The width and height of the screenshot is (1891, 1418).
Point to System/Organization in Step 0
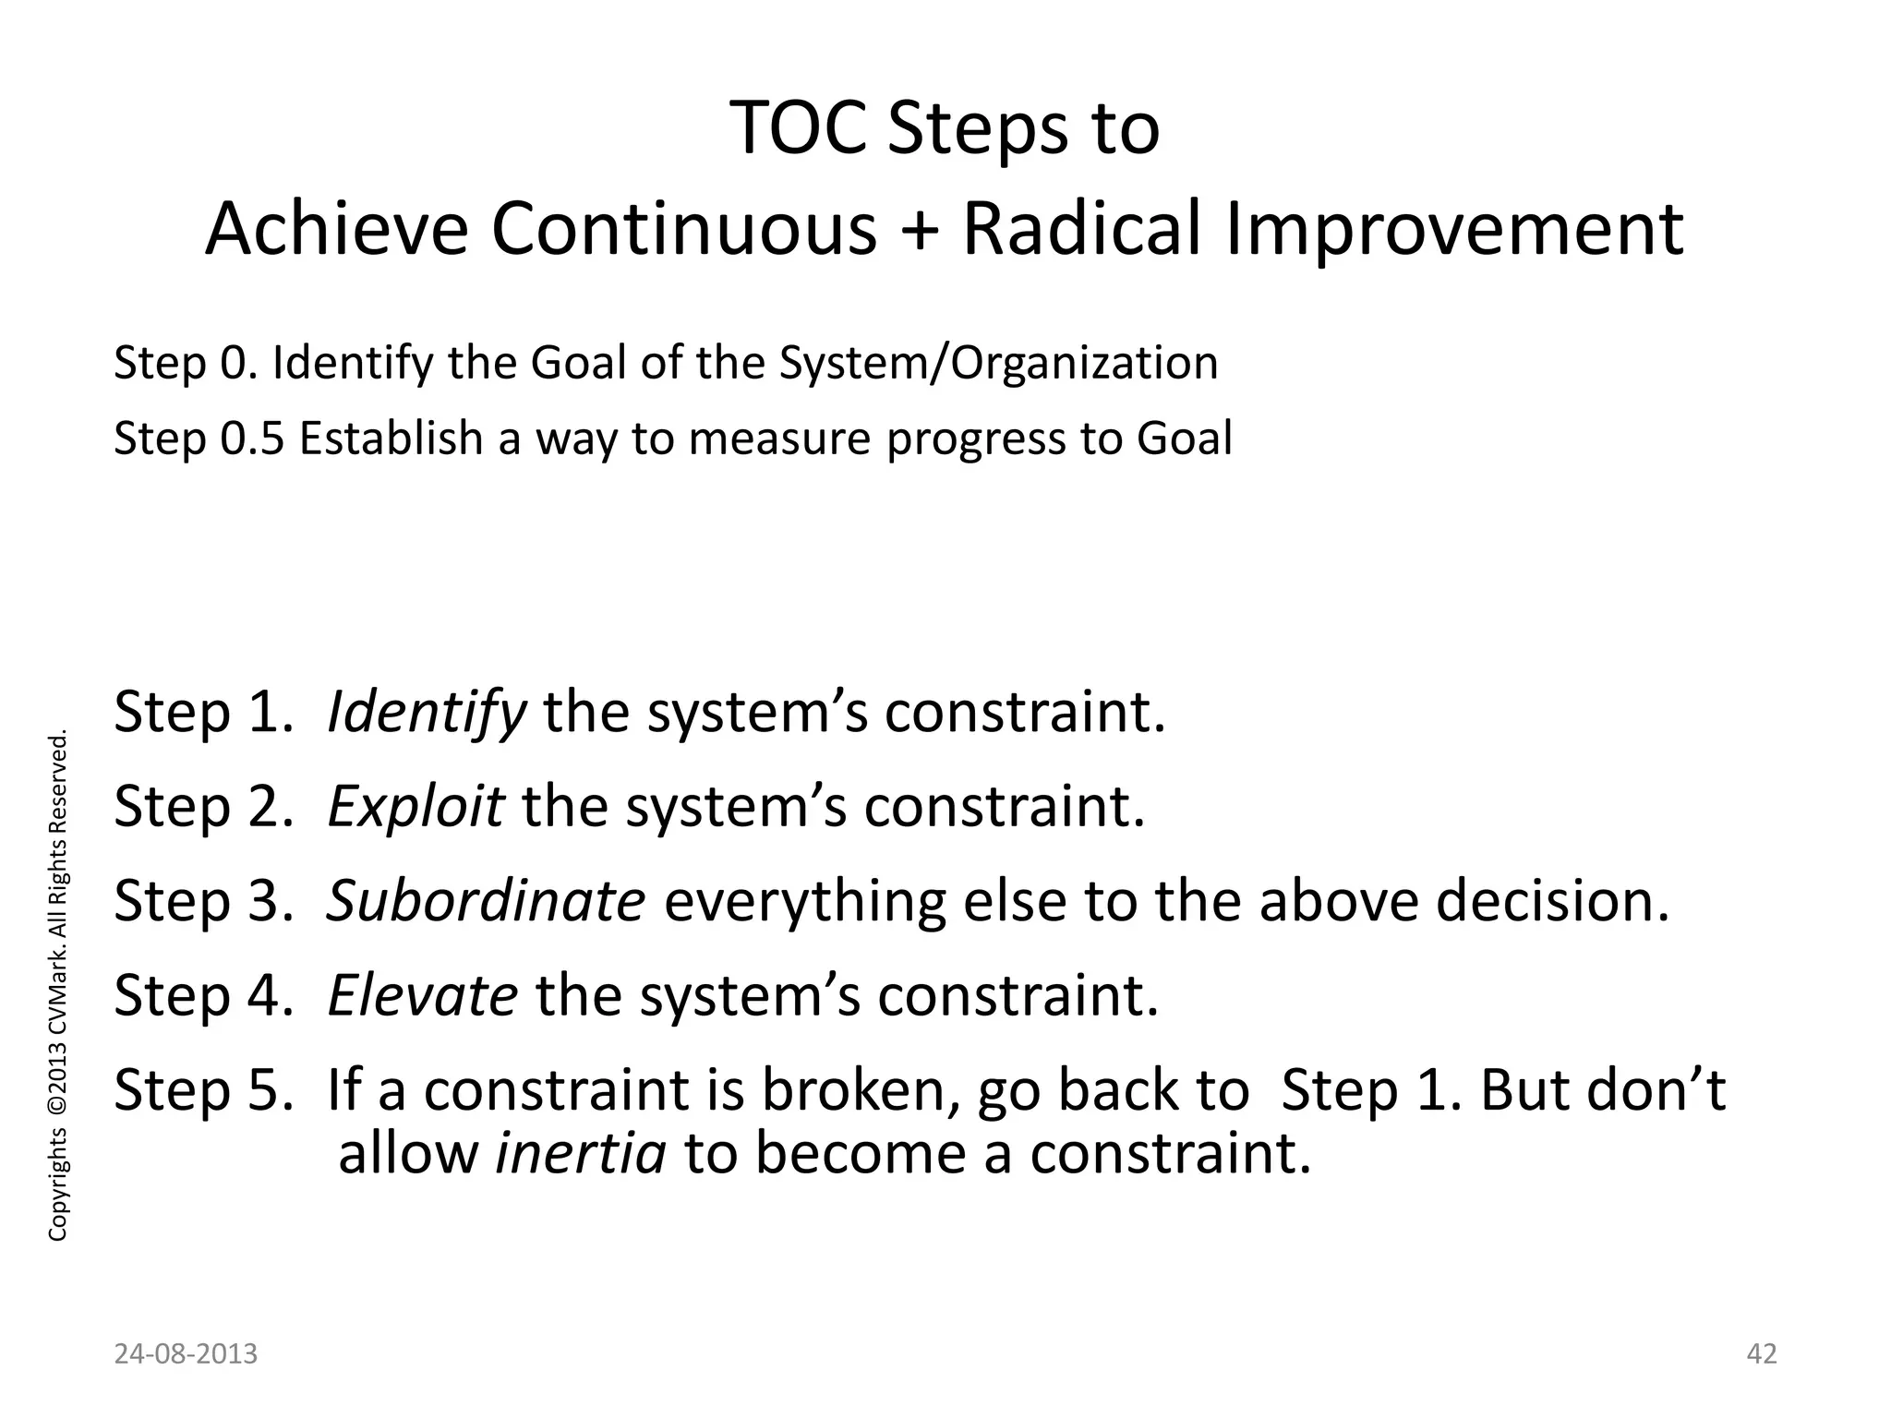click(x=998, y=363)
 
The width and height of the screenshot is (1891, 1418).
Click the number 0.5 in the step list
click(x=252, y=438)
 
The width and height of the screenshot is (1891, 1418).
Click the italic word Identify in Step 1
click(x=426, y=714)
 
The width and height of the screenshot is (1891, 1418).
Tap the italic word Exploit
click(x=416, y=807)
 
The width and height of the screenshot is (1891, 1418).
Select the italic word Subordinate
click(x=486, y=901)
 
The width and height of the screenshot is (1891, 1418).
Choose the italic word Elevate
click(x=422, y=996)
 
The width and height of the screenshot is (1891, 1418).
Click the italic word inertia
click(x=581, y=1154)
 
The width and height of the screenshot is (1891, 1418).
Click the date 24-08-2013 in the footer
click(x=186, y=1354)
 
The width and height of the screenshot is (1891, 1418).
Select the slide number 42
click(x=1762, y=1354)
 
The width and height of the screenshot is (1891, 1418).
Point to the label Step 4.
click(x=202, y=996)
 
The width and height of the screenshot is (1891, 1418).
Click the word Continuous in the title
click(x=683, y=230)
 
